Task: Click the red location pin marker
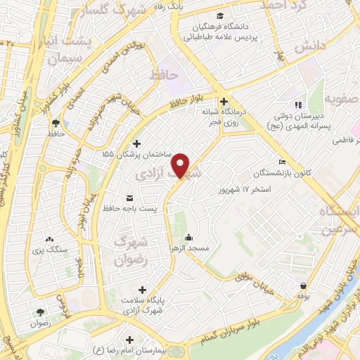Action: [181, 165]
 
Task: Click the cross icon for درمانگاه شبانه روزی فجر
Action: [224, 100]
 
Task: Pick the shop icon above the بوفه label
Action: [303, 286]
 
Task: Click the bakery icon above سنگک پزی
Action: [49, 238]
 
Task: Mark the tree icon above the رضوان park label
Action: [39, 312]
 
